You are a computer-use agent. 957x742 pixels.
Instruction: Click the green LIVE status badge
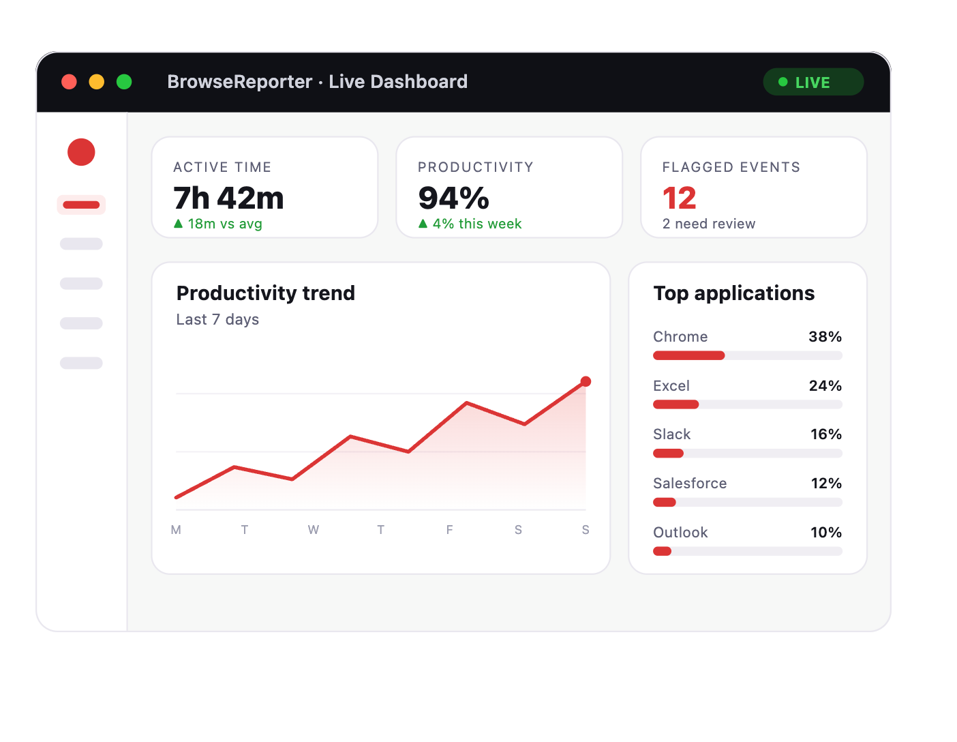(812, 82)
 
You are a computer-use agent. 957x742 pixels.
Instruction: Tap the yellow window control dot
(96, 82)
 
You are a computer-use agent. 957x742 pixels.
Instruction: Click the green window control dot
(124, 82)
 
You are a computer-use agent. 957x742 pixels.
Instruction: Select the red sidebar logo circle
(81, 152)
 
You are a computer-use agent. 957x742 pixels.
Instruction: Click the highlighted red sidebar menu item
(81, 205)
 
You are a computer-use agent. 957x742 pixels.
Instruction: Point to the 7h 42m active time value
(228, 198)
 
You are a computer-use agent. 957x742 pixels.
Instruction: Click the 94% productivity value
(453, 198)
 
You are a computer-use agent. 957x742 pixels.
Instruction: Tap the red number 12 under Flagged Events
(679, 198)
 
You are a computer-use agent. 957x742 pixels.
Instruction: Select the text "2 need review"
(709, 224)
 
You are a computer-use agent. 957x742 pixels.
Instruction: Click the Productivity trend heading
(266, 293)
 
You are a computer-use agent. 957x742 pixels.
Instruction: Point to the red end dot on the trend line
(586, 382)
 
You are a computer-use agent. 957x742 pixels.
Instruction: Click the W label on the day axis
(313, 530)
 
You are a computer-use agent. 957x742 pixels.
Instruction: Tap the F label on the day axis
(449, 530)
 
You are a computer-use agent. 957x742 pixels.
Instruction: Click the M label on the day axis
(176, 530)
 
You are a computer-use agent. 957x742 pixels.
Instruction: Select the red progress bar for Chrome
(689, 355)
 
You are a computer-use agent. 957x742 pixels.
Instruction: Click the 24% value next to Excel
(825, 385)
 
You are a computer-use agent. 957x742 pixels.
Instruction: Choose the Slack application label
(671, 434)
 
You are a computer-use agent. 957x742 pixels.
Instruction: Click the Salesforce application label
(690, 484)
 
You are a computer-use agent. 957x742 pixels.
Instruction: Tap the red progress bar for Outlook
(662, 551)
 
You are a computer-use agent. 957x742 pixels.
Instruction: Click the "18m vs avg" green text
(225, 224)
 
